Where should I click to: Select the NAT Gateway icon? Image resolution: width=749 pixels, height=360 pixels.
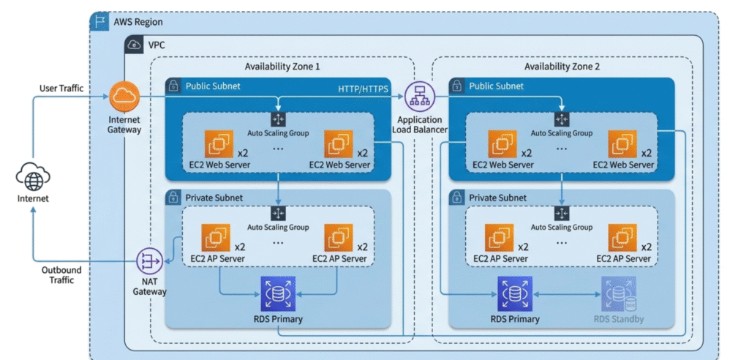coord(148,260)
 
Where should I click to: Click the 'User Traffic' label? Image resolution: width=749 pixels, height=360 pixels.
coord(61,89)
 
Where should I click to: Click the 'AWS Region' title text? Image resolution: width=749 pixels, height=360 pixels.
coord(138,23)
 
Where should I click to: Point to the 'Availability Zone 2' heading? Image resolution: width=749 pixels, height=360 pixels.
coord(562,67)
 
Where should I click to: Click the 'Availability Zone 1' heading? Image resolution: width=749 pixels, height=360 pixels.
coord(282,67)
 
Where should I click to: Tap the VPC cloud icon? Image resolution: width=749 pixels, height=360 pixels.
coord(134,45)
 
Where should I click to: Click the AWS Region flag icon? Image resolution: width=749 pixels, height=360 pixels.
coord(99,22)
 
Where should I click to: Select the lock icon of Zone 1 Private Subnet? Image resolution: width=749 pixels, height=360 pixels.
coord(173,197)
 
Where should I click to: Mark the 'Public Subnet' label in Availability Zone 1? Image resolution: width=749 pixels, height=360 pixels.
coord(213,86)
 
